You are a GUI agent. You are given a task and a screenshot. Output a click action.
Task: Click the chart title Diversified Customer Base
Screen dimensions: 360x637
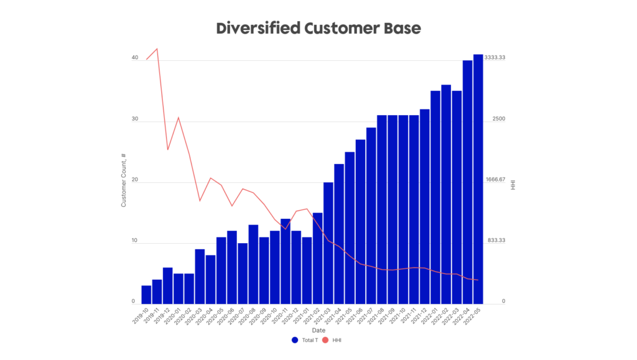(318, 29)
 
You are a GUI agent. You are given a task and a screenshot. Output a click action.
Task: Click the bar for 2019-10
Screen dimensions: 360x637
(146, 295)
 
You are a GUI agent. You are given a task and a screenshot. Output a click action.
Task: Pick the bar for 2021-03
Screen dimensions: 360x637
(328, 243)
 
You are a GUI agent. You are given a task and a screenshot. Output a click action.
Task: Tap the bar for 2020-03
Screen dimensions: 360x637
(200, 277)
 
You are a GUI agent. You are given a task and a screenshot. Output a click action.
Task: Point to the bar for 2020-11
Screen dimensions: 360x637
(286, 261)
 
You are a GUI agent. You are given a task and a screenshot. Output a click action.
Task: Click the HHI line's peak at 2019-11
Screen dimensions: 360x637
(157, 48)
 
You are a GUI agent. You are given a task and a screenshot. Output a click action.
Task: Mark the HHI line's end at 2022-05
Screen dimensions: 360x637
(478, 280)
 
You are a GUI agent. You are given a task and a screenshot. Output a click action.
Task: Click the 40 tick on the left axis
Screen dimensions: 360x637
(134, 58)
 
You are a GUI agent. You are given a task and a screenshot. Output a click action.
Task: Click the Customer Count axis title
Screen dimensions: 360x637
(124, 180)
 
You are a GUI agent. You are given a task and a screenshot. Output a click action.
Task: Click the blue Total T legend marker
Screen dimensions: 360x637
(295, 340)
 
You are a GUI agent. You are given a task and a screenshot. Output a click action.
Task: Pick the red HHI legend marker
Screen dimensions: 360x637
(325, 340)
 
